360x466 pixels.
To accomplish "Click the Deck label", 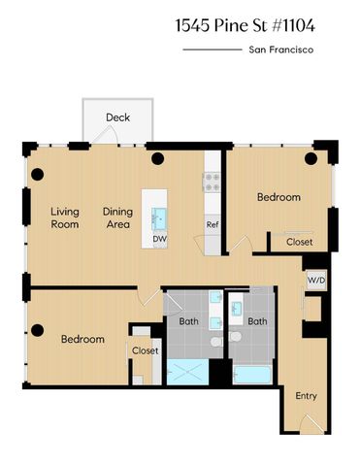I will point(117,117).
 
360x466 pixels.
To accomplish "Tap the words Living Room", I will point(65,217).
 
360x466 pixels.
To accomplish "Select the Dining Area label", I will point(117,217).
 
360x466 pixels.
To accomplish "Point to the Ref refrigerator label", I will point(212,225).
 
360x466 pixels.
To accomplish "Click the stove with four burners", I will point(211,182).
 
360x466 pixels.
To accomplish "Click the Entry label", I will point(306,395).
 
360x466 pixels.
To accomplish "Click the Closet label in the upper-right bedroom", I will point(299,242).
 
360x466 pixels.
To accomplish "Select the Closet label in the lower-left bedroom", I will point(145,350).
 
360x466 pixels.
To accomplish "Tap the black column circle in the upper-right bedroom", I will point(312,158).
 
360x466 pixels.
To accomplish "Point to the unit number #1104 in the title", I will point(291,20).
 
